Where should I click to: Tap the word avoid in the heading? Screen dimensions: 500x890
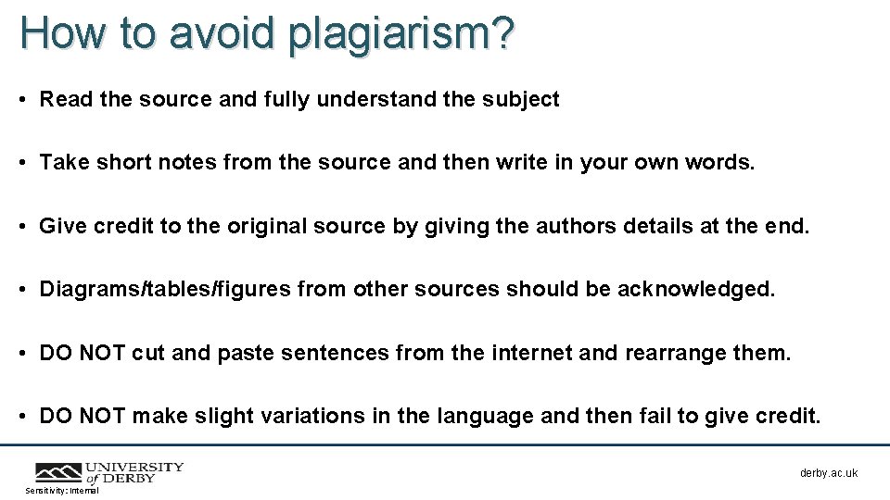point(223,34)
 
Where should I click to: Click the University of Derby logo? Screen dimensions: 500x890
point(109,472)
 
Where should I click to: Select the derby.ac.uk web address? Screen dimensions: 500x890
point(829,473)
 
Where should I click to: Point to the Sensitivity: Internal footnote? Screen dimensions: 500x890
point(62,491)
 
